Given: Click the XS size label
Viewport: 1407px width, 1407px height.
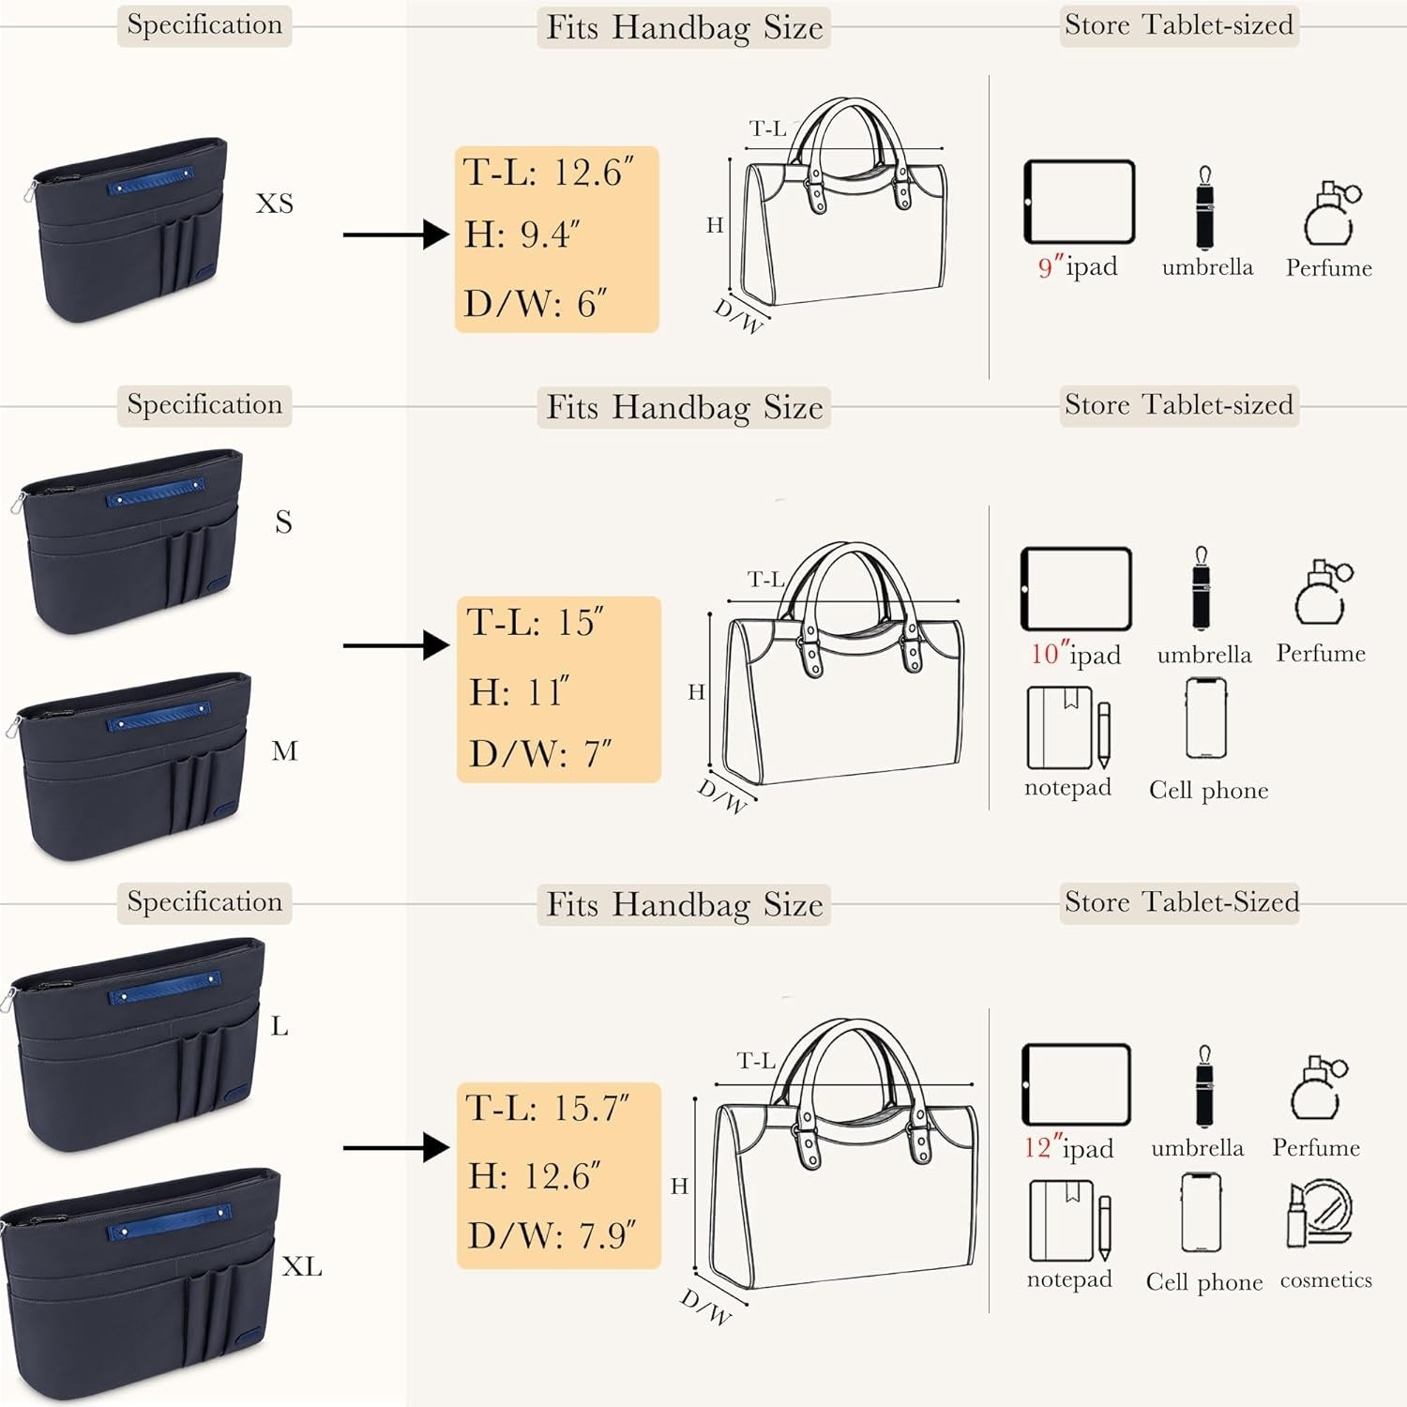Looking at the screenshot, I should (275, 204).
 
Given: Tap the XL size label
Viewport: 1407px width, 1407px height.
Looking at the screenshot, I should (302, 1267).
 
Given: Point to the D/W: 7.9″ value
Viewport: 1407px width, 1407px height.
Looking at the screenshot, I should (552, 1235).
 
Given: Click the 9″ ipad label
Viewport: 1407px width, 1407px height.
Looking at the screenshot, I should (1078, 267).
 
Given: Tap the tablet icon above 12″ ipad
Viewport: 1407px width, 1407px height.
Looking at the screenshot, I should (1076, 1084).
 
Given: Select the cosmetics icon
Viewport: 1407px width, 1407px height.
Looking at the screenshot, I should (1319, 1214).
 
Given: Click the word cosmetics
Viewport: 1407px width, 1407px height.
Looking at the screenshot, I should (1325, 1280).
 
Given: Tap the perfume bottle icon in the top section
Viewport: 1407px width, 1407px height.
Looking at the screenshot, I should (1329, 214).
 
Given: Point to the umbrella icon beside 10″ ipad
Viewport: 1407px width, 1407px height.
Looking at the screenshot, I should (1201, 589).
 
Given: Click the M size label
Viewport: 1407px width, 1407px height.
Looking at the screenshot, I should (284, 751).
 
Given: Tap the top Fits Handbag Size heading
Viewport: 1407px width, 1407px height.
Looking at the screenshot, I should (684, 28).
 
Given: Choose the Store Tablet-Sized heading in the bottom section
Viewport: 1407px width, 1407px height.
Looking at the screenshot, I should (1180, 902).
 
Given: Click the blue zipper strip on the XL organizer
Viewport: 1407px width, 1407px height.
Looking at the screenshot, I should (169, 1221).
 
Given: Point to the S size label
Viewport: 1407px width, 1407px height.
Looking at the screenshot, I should (283, 522).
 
